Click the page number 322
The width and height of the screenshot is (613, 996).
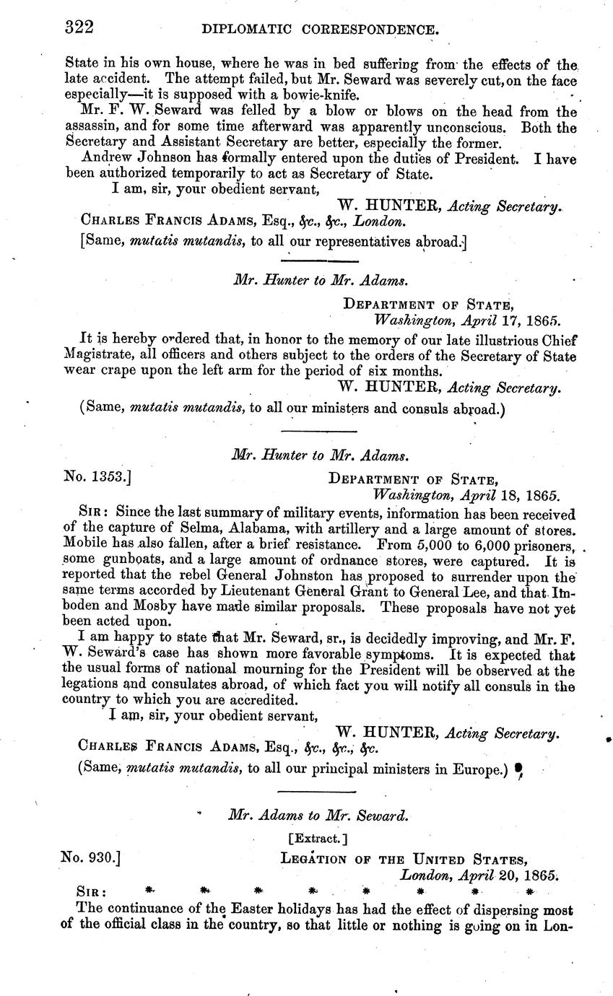pos(79,27)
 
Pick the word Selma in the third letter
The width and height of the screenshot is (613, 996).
pos(191,529)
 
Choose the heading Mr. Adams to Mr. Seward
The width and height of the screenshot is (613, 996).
pos(318,815)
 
